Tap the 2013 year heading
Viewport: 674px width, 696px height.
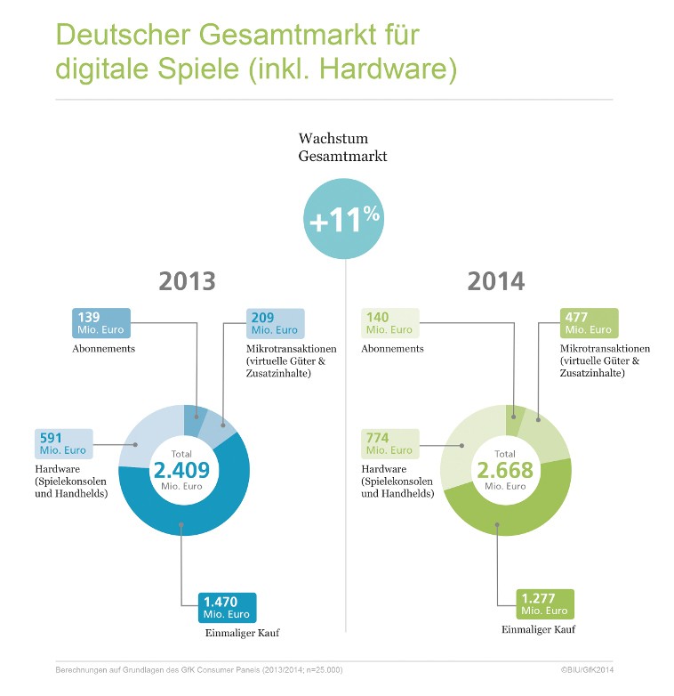187,282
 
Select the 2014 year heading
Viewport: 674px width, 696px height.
495,282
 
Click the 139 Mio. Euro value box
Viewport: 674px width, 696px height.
100,323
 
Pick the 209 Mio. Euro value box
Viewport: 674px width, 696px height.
275,323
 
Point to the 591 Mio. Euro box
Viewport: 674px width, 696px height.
64,444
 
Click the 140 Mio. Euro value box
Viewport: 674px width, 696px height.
389,323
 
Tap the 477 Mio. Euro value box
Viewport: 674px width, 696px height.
590,323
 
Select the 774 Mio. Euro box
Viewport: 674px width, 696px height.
389,444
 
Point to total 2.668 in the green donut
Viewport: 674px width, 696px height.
504,470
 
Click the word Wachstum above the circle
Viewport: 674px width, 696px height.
333,140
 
